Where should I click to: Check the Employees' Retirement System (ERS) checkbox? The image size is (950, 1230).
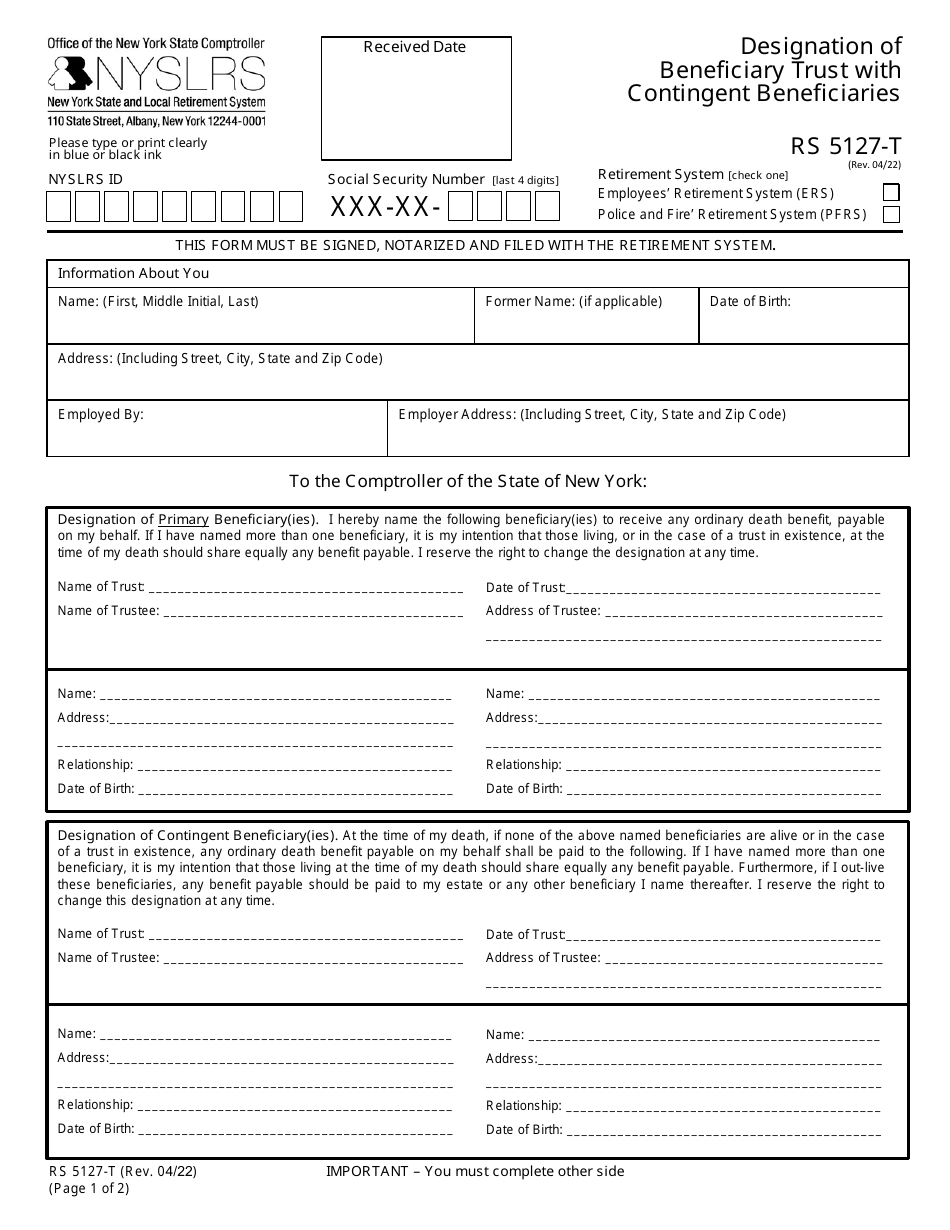[x=891, y=193]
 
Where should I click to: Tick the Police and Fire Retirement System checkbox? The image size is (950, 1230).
[x=891, y=214]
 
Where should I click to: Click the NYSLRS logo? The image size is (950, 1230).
[x=157, y=74]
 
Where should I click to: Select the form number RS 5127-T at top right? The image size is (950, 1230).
[x=846, y=148]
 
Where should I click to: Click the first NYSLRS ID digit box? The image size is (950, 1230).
[x=59, y=207]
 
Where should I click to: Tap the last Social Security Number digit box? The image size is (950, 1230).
[x=547, y=207]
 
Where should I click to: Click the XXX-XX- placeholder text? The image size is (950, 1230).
[x=385, y=207]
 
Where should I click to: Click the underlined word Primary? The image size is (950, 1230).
[x=183, y=520]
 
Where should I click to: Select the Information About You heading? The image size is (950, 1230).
[x=133, y=273]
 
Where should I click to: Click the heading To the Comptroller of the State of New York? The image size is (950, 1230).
[x=468, y=481]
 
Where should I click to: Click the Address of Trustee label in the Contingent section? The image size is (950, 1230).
[x=543, y=958]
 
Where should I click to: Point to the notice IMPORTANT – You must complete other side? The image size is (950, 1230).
[x=475, y=1171]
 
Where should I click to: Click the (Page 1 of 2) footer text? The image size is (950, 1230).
[x=89, y=1189]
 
